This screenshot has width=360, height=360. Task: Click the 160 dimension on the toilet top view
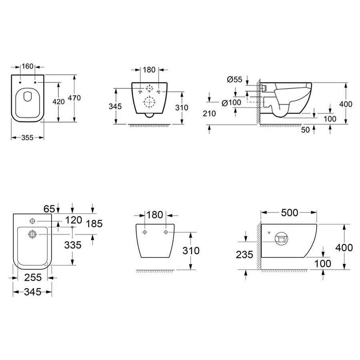pos(28,66)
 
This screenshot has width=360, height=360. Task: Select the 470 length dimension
pos(74,98)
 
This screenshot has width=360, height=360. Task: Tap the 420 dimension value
pos(58,102)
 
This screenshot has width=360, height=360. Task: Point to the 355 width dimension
pos(28,138)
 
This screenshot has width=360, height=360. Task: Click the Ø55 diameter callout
pos(235,80)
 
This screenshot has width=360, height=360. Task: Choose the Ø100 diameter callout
pos(232,103)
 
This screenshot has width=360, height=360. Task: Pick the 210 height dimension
pos(209,114)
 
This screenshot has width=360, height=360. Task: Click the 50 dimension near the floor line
pos(305,130)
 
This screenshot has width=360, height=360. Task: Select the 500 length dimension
pos(290,213)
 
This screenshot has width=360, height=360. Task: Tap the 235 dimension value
pos(244,255)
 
